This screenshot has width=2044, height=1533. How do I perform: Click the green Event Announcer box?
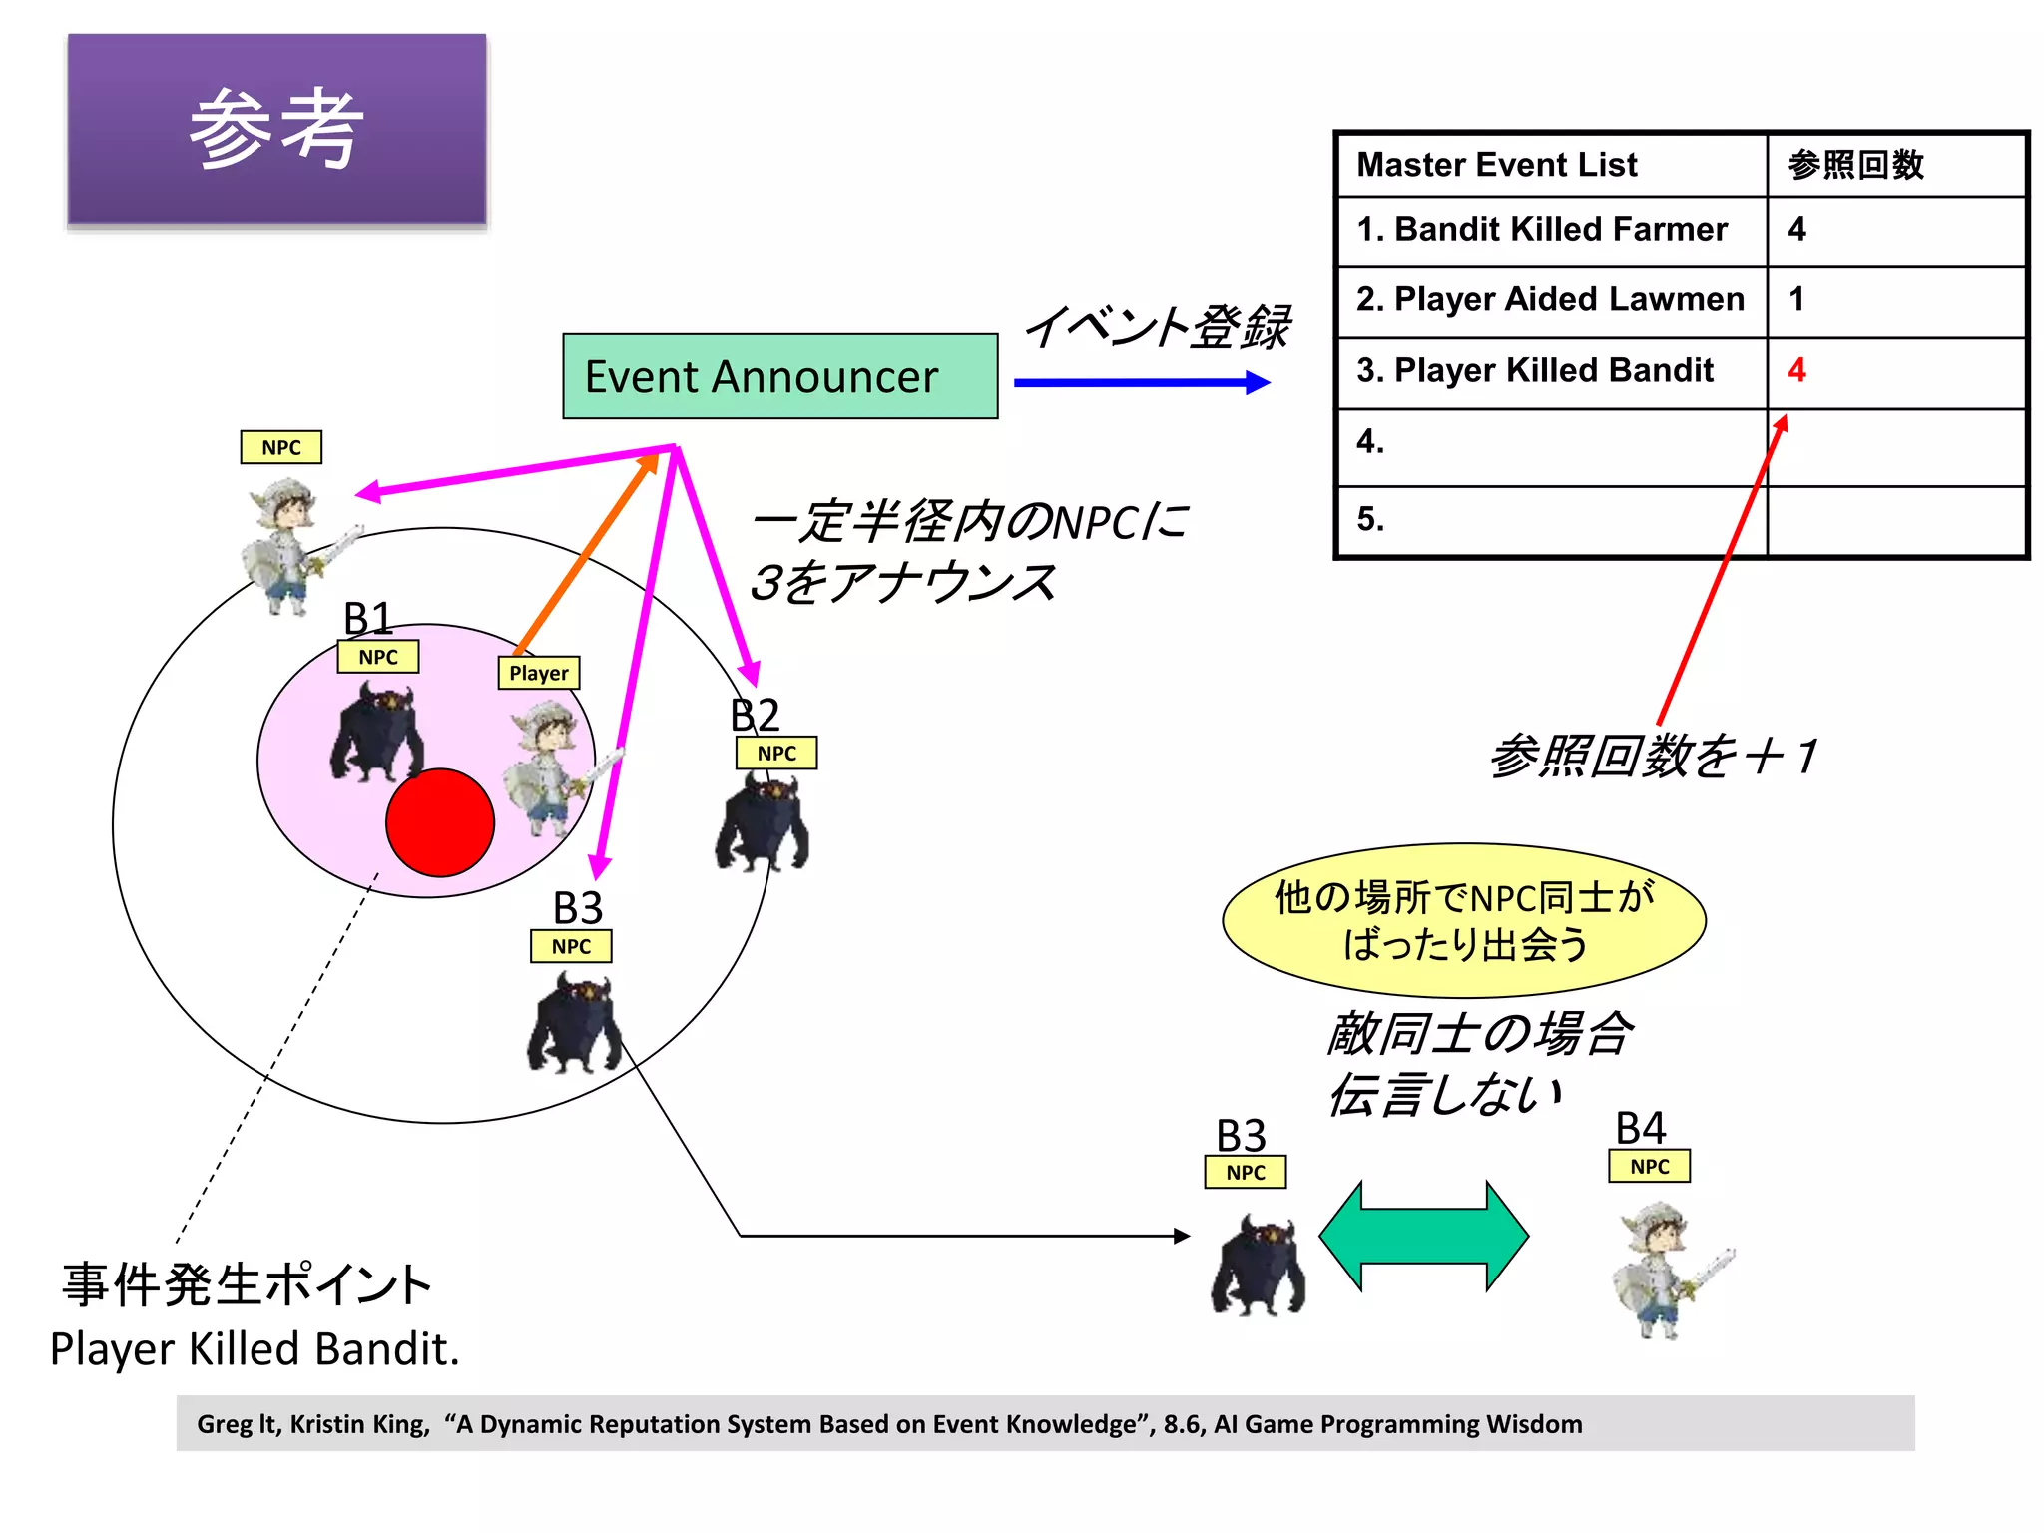779,376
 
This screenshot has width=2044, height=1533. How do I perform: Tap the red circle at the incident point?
440,822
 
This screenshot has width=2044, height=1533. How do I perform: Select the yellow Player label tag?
539,673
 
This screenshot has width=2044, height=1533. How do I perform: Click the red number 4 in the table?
1796,370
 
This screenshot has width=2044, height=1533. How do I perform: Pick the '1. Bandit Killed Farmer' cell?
1551,230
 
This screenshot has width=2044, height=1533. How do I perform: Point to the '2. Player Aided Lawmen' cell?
1551,299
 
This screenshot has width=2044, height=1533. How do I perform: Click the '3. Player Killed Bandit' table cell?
1551,371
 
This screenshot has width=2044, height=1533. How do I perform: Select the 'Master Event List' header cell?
1551,165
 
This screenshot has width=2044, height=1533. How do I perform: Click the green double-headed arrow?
1423,1236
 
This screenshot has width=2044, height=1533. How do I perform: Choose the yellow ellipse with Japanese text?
1463,920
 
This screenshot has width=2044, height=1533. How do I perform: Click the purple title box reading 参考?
276,129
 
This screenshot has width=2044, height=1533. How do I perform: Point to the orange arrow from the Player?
587,554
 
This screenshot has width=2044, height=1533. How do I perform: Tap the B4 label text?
1640,1129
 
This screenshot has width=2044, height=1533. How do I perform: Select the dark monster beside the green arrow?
1258,1266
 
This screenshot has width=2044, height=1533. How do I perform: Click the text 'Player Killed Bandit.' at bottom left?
255,1349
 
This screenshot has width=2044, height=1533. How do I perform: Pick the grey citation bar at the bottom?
1045,1423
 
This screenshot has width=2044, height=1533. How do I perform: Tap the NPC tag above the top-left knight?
281,447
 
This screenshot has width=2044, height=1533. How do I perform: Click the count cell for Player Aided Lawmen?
1894,299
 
